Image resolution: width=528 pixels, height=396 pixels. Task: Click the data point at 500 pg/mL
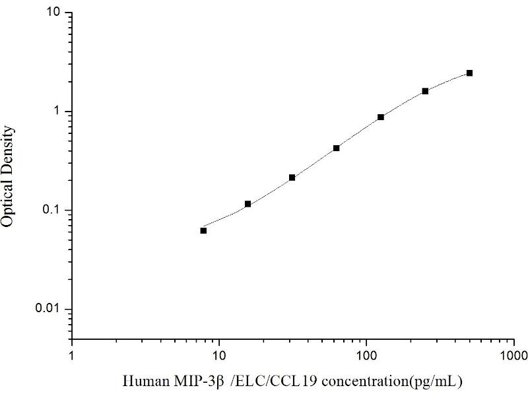coord(469,73)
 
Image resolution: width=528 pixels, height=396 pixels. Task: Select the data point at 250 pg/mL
coord(425,91)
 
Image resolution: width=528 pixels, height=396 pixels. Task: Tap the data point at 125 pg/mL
coord(381,117)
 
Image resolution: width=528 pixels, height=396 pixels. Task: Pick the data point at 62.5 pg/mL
coord(336,148)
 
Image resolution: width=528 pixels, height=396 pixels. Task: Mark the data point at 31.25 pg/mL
coord(292,178)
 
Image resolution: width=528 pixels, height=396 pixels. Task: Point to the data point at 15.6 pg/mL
coord(247,204)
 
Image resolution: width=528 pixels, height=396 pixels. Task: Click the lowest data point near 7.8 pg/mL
coord(203,230)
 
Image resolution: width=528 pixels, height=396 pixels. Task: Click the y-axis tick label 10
coord(55,13)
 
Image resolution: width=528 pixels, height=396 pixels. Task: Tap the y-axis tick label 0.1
coord(53,211)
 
